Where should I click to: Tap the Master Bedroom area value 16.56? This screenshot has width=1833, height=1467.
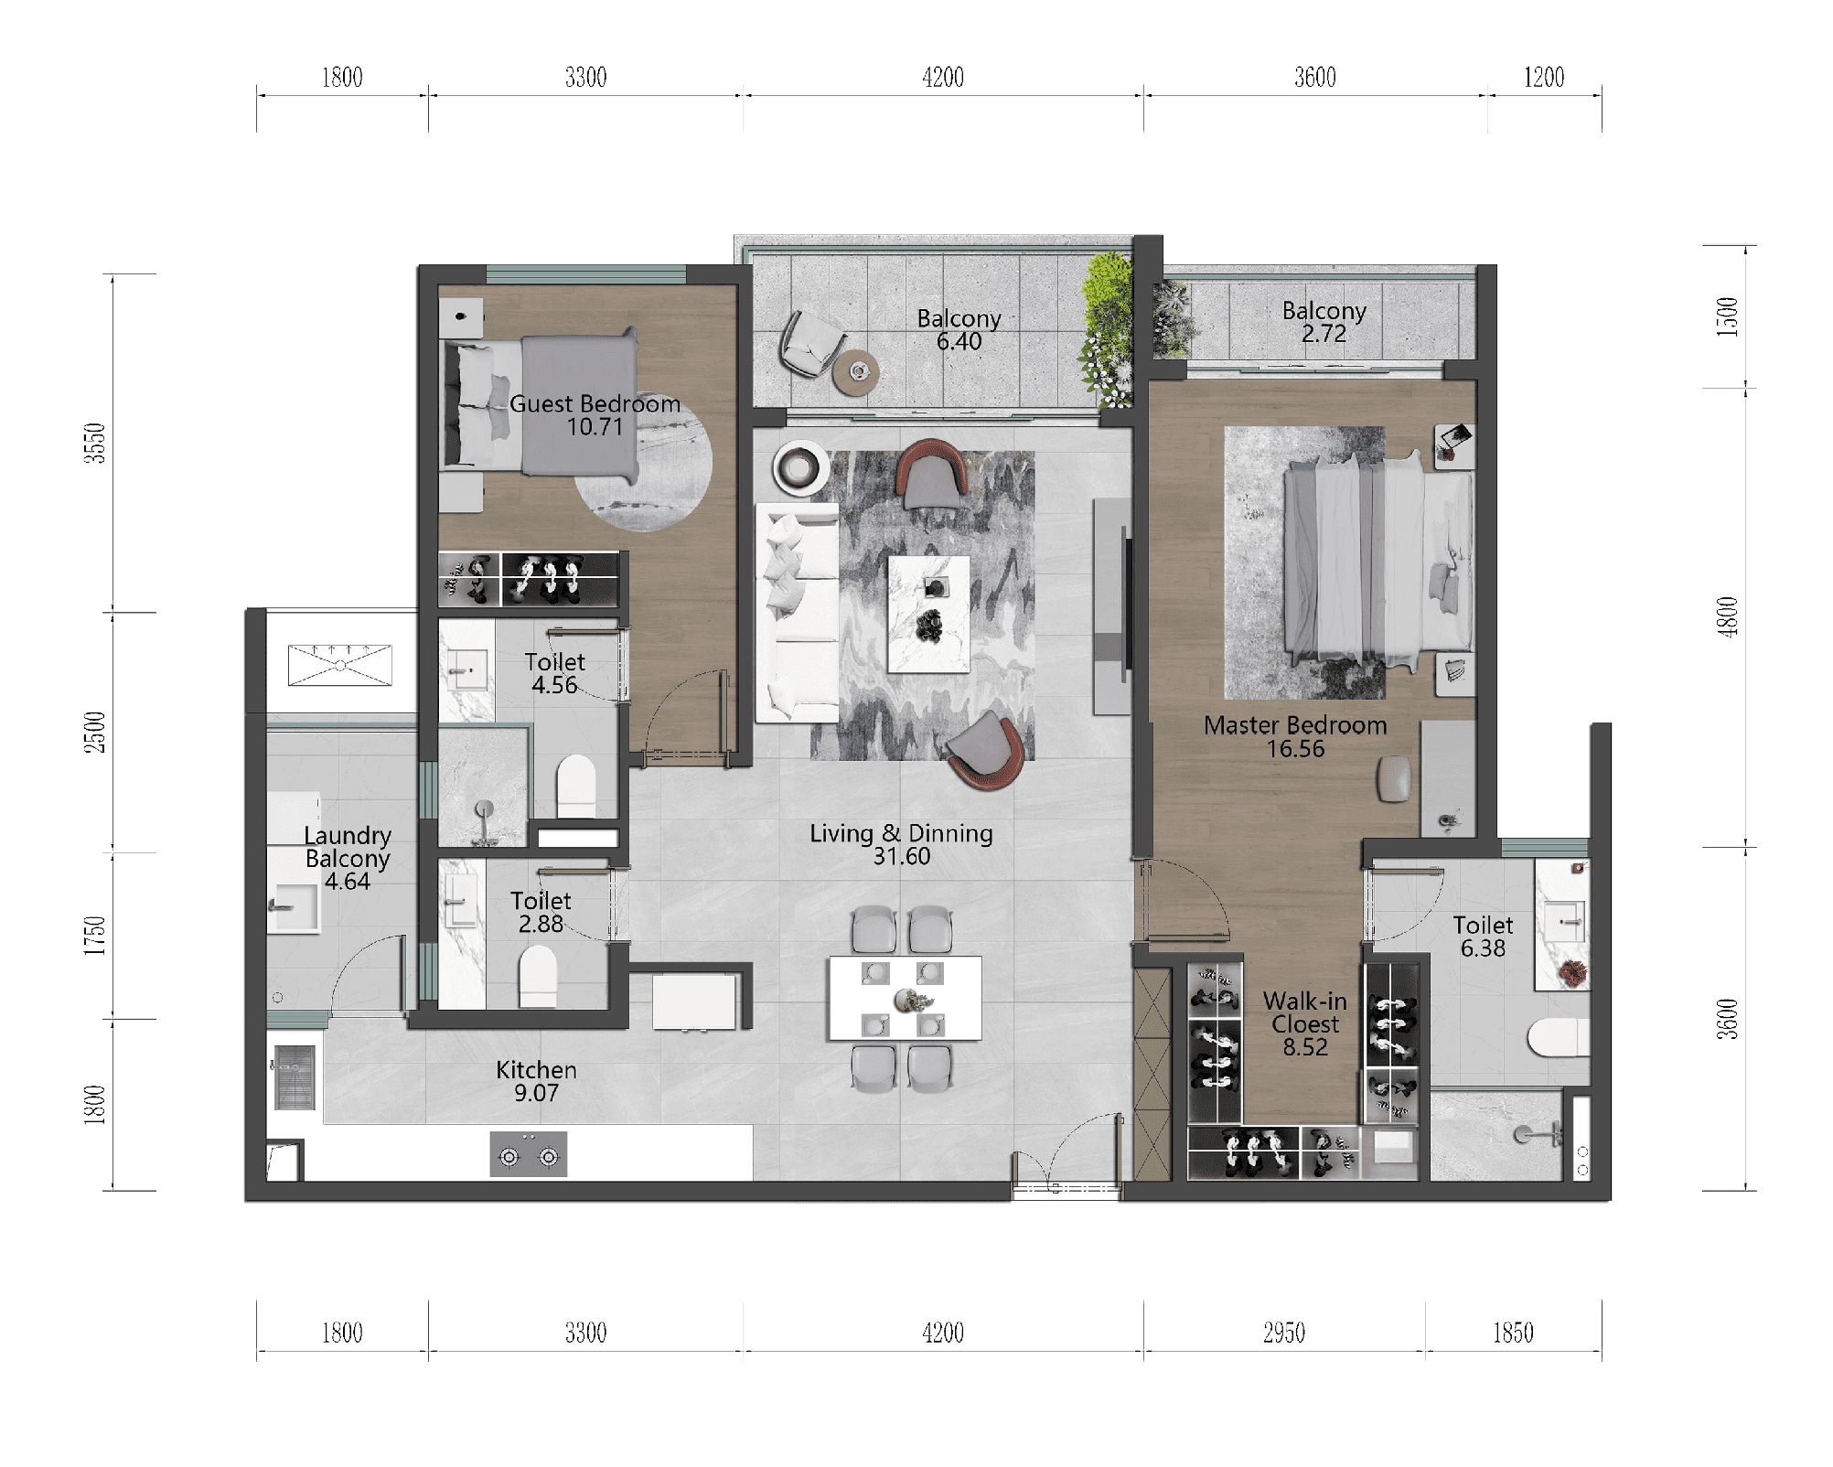(1295, 749)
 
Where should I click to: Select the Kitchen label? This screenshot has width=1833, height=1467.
(536, 1070)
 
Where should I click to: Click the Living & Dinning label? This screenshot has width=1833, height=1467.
(901, 833)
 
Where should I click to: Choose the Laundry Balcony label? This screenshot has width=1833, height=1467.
(348, 847)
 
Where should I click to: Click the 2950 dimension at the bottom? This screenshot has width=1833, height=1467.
(1284, 1333)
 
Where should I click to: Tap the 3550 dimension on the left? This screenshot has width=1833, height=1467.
(95, 443)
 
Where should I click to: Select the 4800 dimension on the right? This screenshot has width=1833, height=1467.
(1726, 616)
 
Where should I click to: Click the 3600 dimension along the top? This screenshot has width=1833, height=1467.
(1315, 77)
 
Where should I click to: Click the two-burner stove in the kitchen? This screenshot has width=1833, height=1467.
(529, 1154)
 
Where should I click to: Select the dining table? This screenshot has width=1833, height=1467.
(905, 998)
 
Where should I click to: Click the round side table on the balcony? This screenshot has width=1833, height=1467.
(856, 372)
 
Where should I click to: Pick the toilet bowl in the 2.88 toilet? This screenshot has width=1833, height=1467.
(538, 976)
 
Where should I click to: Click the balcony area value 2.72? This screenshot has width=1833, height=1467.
(1324, 334)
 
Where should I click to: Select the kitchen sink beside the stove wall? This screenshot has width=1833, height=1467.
(295, 1076)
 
